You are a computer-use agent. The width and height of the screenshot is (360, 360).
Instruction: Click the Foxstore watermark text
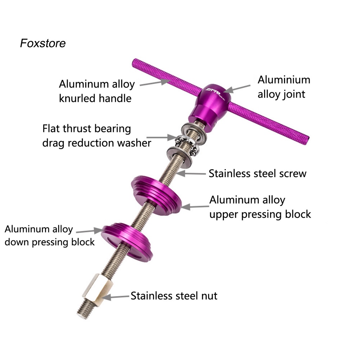tap(43, 43)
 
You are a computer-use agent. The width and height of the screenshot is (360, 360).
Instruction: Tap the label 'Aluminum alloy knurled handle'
tap(96, 91)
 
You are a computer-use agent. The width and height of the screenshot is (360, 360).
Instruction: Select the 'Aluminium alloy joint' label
tap(284, 87)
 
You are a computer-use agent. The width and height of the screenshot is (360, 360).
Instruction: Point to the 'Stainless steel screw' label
tap(257, 173)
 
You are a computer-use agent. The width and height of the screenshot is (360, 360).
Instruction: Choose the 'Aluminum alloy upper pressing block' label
tap(260, 207)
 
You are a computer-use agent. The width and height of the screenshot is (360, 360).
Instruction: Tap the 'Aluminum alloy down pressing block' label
tap(50, 236)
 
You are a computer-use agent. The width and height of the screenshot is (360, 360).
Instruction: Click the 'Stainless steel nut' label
tap(174, 296)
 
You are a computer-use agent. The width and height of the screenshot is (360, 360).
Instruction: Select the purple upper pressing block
tap(156, 193)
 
